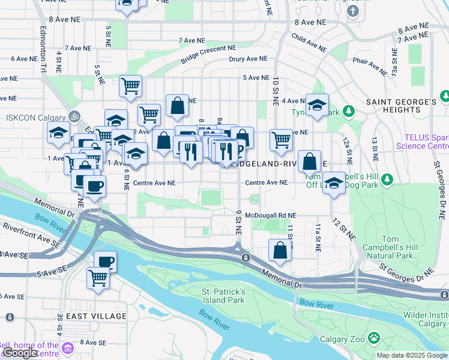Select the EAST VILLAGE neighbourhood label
pyautogui.click(x=96, y=316)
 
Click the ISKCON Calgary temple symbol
pyautogui.click(x=74, y=116)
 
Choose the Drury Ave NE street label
pyautogui.click(x=248, y=59)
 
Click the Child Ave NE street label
pyautogui.click(x=309, y=41)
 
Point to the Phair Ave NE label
pyautogui.click(x=370, y=65)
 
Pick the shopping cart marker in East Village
pyautogui.click(x=98, y=277)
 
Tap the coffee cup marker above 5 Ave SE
pyautogui.click(x=106, y=261)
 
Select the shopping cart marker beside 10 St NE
pyautogui.click(x=281, y=140)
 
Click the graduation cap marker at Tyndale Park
pyautogui.click(x=317, y=104)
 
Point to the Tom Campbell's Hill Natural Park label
pyautogui.click(x=390, y=247)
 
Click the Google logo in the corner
pyautogui.click(x=19, y=353)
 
